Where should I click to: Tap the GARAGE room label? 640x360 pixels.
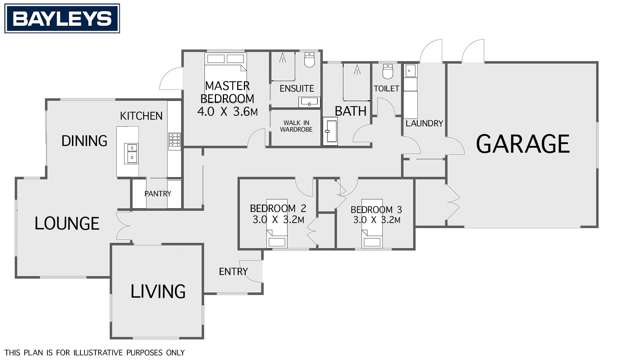pyautogui.click(x=522, y=144)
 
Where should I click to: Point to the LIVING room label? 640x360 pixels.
pyautogui.click(x=159, y=292)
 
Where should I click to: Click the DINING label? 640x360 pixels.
pyautogui.click(x=84, y=141)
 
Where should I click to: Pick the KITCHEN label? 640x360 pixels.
pyautogui.click(x=141, y=117)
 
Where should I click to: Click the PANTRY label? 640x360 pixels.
pyautogui.click(x=157, y=193)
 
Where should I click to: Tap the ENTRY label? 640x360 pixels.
pyautogui.click(x=233, y=271)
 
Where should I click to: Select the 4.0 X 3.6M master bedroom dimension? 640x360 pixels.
pyautogui.click(x=227, y=111)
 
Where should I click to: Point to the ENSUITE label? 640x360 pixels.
pyautogui.click(x=297, y=89)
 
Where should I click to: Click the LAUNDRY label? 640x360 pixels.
pyautogui.click(x=424, y=123)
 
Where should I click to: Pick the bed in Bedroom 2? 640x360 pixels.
pyautogui.click(x=277, y=236)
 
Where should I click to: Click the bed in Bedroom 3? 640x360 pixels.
pyautogui.click(x=373, y=236)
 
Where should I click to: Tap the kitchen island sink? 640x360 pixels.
pyautogui.click(x=131, y=153)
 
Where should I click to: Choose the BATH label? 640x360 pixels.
pyautogui.click(x=351, y=111)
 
